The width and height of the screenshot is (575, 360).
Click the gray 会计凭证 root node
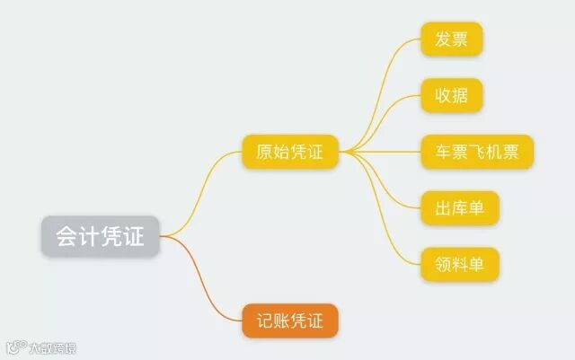100,236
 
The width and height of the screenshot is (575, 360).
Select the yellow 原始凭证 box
289,152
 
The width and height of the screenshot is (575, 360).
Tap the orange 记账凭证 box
289,320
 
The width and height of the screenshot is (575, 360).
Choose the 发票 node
452,40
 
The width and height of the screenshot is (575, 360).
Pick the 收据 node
452,95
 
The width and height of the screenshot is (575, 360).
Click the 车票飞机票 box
477,152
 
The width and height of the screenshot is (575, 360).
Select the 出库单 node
459,208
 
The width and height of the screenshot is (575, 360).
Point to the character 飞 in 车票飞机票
477,152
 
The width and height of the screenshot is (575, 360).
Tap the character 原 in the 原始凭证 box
264,152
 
